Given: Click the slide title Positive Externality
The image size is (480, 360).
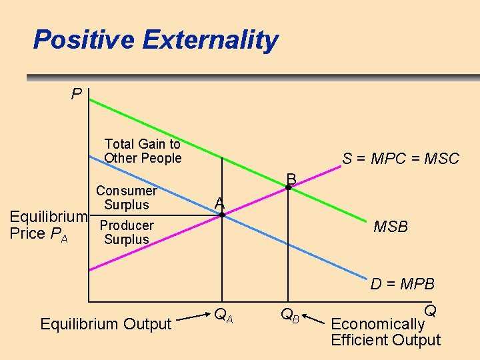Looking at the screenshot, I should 155,40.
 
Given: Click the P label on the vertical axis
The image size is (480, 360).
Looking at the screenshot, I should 77,94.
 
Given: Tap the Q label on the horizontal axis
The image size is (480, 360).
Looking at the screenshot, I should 430,311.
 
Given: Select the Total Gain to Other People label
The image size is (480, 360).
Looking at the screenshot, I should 143,151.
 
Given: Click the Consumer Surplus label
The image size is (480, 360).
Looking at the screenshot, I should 127,198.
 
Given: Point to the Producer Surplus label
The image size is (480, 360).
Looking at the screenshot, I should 127,232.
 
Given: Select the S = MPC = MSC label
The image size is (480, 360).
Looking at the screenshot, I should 401,159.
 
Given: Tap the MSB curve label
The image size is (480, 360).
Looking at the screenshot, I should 391,227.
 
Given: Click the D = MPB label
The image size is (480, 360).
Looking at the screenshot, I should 403,284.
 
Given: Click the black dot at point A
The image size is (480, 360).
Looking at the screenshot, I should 223,215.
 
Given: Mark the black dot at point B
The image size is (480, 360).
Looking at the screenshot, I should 288,188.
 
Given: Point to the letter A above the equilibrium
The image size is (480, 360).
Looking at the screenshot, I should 220,203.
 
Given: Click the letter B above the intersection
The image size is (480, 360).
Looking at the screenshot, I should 291,178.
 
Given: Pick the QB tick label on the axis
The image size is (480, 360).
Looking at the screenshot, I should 290,315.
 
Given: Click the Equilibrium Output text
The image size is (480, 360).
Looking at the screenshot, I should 106,324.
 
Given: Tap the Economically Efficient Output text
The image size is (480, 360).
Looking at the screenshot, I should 385,332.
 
